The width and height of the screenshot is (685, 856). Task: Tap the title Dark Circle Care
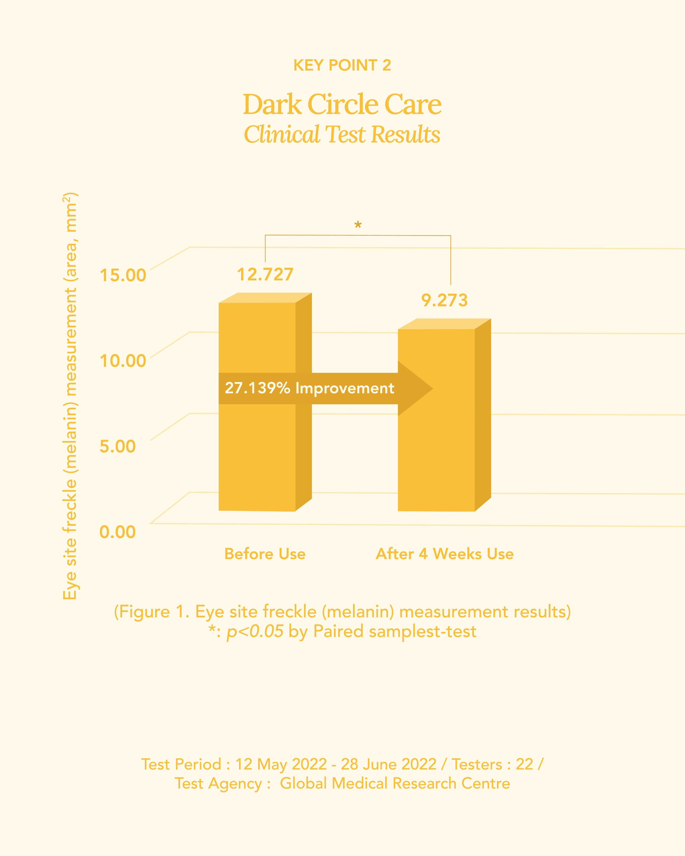[x=342, y=104]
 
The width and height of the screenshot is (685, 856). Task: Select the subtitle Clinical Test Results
[x=342, y=134]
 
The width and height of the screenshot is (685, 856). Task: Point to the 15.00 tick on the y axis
[x=123, y=275]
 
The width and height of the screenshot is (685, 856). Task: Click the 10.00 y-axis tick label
[x=123, y=361]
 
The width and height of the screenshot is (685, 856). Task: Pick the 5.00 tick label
[x=118, y=446]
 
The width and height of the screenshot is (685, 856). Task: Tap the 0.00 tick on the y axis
[x=118, y=532]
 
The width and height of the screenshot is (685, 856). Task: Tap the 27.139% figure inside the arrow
[x=257, y=388]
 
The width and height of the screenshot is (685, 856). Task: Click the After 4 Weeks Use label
[x=444, y=554]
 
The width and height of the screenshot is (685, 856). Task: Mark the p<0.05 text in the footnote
[x=255, y=631]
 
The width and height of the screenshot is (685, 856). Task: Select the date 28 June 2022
[x=388, y=764]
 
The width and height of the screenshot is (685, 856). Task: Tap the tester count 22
[x=524, y=764]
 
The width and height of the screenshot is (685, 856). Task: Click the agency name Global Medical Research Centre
[x=395, y=783]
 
